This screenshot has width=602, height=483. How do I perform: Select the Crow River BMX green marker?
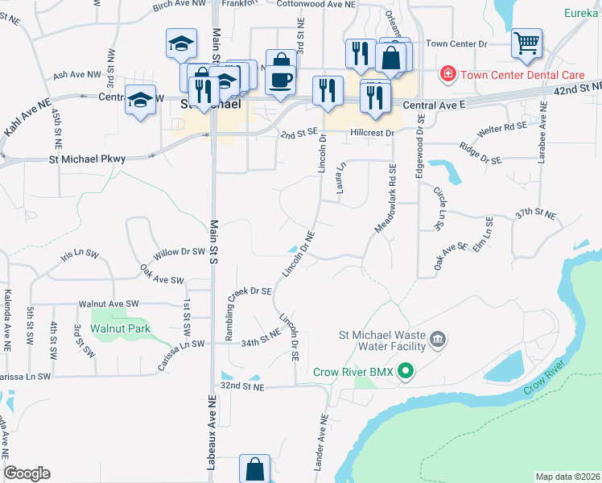[406, 371]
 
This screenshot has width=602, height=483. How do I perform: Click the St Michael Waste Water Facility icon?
[437, 339]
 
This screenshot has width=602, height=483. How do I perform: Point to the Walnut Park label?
[121, 328]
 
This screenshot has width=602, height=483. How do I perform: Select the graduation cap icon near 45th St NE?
[141, 100]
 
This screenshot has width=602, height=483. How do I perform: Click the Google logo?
[27, 473]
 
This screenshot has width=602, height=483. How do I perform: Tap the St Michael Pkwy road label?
[88, 159]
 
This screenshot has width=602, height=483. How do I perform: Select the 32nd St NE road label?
[242, 386]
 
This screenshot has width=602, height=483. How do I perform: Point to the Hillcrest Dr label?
[373, 133]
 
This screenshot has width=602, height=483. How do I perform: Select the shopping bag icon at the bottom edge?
[254, 469]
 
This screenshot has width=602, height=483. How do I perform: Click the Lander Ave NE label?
[322, 442]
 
